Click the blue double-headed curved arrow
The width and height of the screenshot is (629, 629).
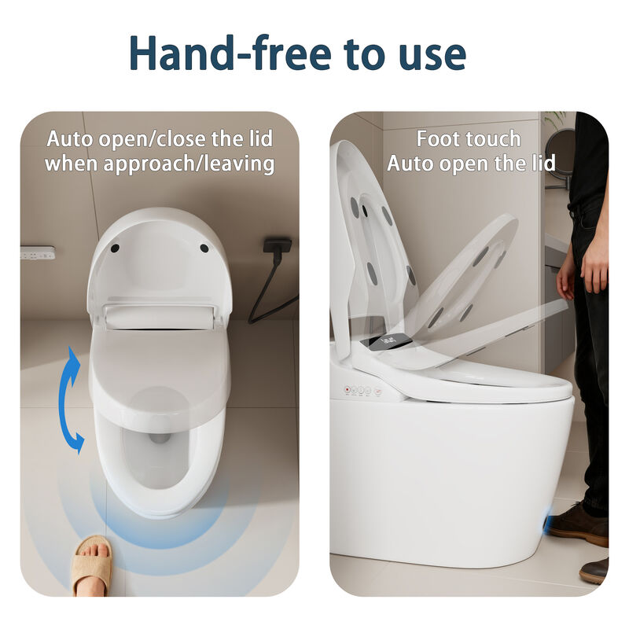71,399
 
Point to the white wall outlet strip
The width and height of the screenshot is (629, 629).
38,253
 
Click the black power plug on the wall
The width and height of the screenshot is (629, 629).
277,247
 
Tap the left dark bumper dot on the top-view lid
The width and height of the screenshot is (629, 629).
116,248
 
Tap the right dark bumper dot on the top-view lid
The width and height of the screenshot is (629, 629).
204,248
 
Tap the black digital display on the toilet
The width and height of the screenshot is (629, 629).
388,340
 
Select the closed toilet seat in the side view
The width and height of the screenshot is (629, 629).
487,385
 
